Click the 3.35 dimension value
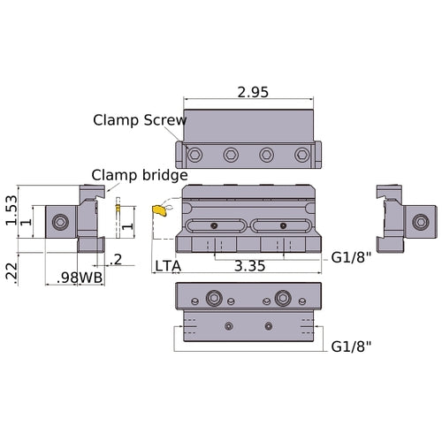point(248,266)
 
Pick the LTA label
point(169,266)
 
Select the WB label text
point(91,278)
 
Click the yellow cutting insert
point(159,210)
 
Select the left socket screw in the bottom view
point(213,298)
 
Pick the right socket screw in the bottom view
point(284,298)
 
